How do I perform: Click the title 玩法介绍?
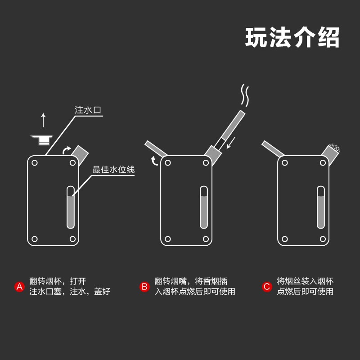292,38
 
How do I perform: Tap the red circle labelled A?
19,287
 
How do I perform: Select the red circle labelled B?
144,287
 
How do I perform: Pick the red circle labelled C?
267,287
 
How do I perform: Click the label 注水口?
87,110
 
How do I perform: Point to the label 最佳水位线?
113,170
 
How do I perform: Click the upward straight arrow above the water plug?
43,120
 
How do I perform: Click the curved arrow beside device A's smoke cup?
67,150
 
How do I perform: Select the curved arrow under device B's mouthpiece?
154,161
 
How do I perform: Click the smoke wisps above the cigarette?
245,94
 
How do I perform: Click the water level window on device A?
71,207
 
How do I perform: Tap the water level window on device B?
204,207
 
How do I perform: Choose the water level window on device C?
321,207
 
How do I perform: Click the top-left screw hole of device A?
35,163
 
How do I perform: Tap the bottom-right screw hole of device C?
323,239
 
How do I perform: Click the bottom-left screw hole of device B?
168,239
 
